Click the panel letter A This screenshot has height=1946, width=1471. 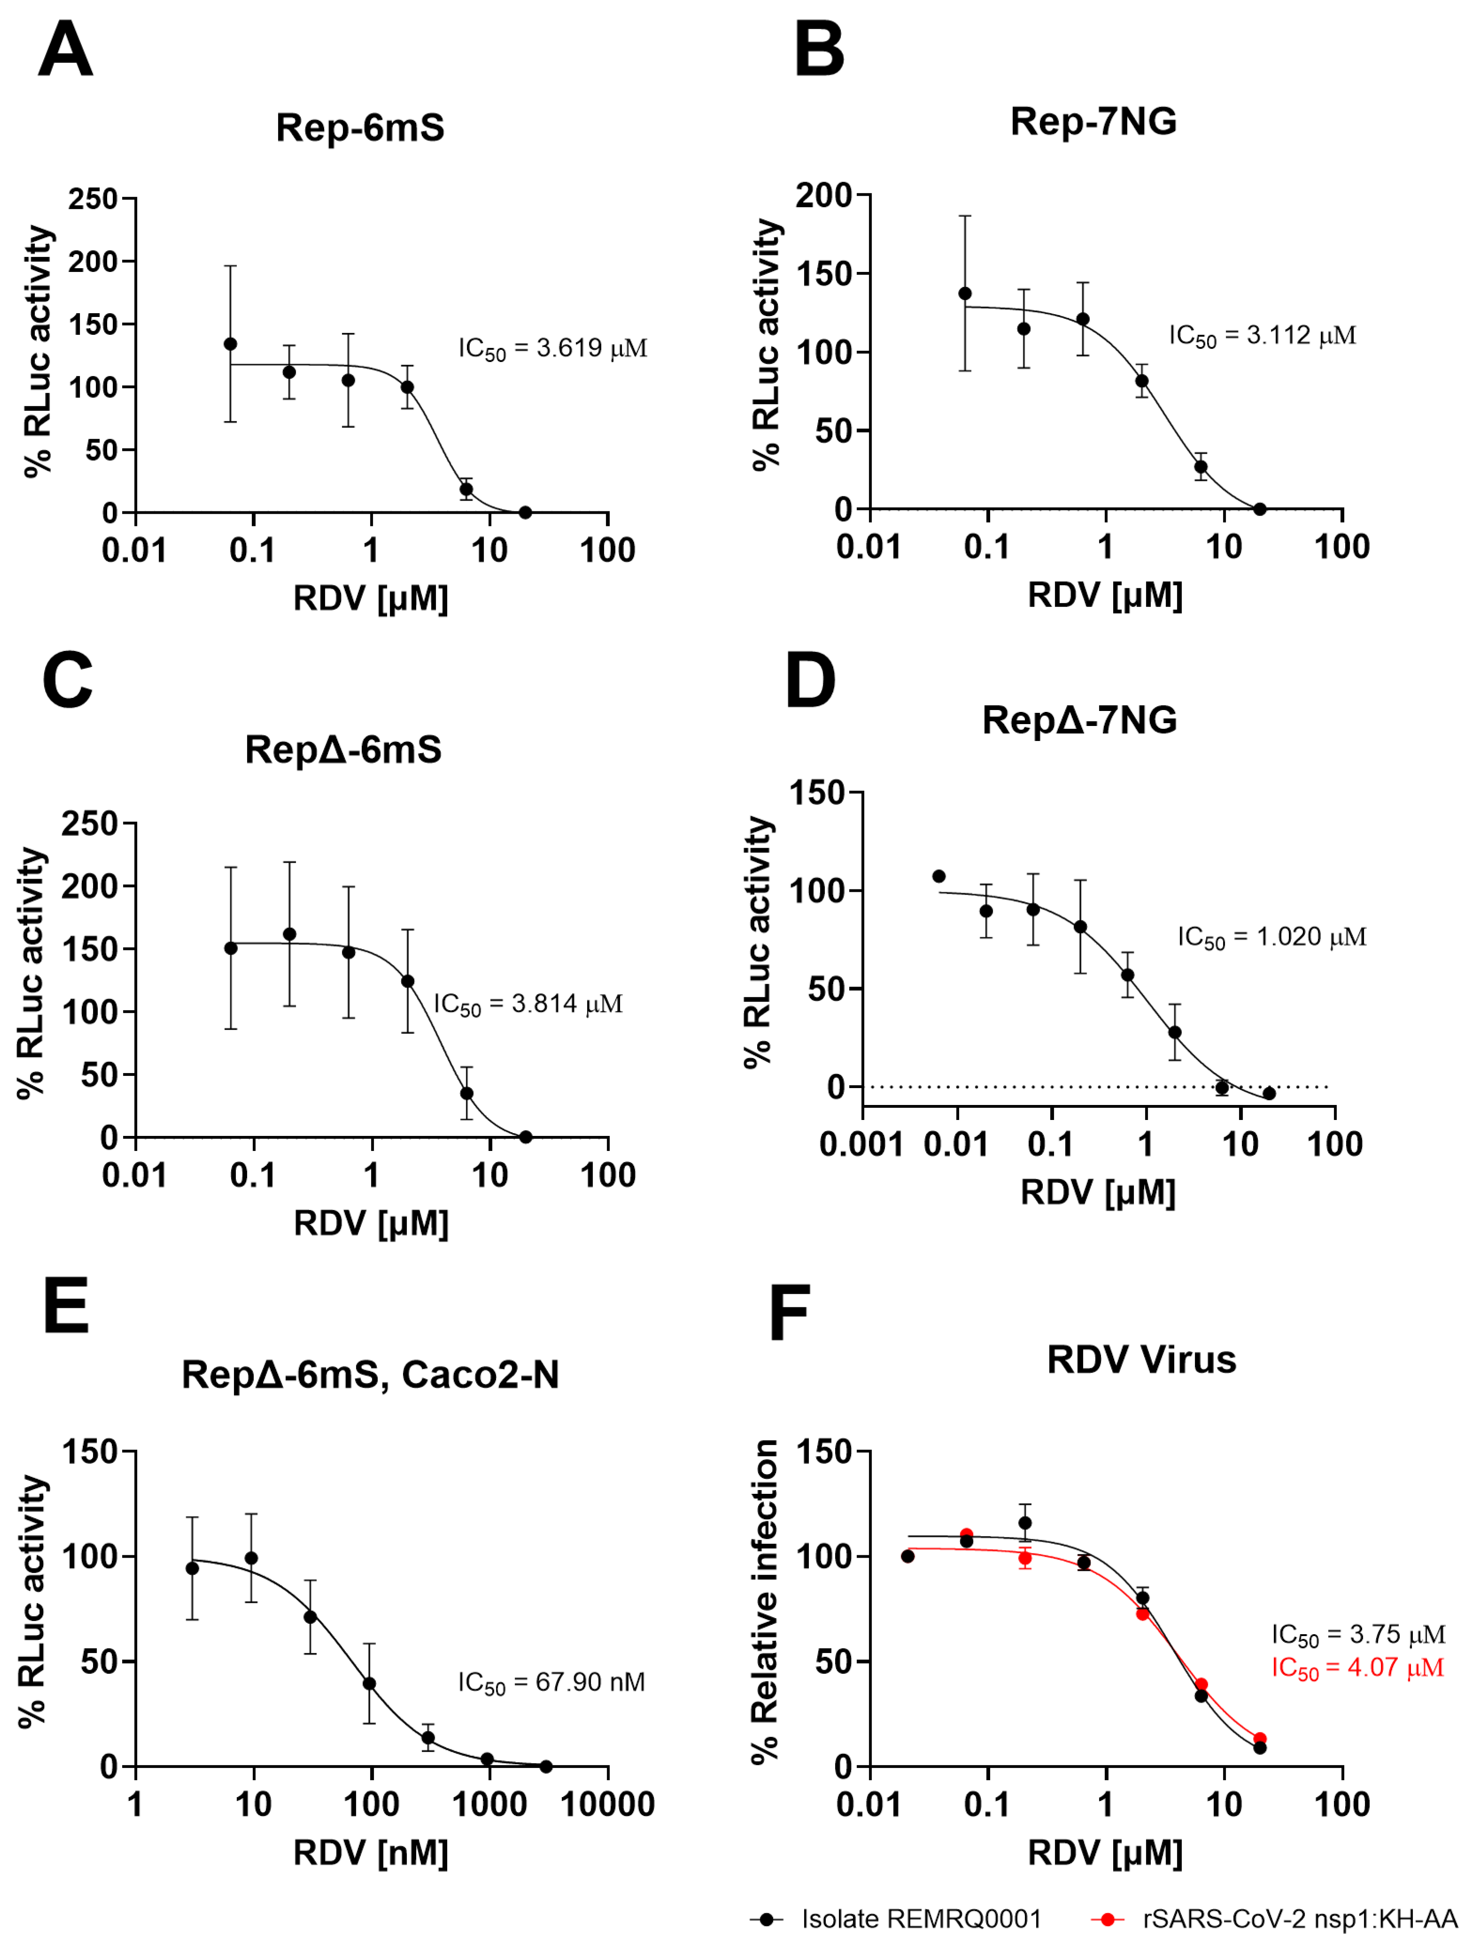[x=65, y=50]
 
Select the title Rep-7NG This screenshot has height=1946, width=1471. [x=1093, y=122]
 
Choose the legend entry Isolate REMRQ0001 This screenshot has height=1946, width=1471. [x=920, y=1919]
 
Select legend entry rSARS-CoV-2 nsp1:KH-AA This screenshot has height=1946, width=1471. [x=1300, y=1919]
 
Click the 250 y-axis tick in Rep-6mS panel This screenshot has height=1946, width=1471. [x=93, y=199]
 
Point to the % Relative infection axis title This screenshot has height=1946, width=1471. [x=764, y=1603]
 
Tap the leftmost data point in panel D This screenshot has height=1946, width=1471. [x=939, y=876]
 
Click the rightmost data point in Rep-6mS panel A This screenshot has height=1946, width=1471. [x=525, y=512]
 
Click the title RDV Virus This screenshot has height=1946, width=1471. [x=1141, y=1359]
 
